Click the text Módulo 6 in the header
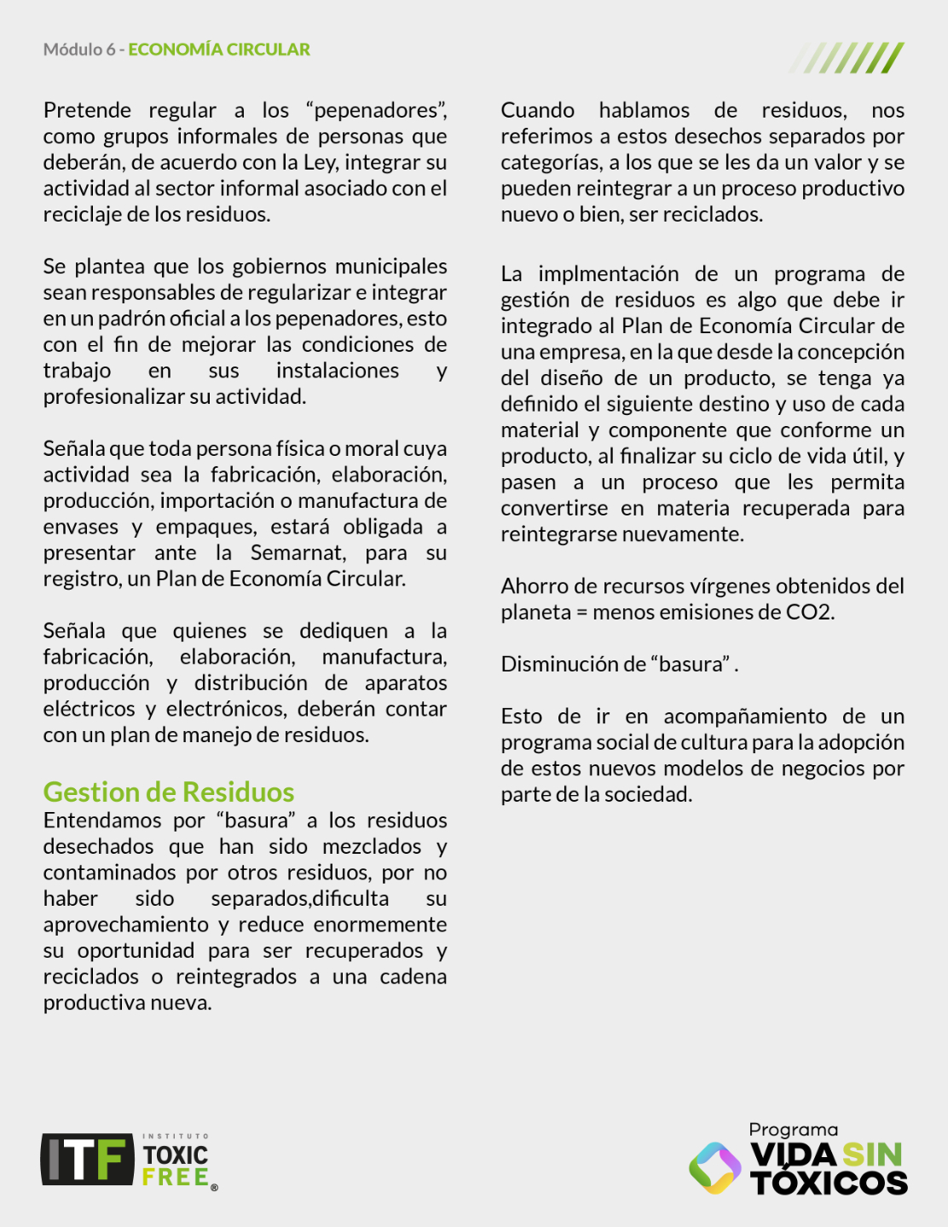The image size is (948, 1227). (79, 49)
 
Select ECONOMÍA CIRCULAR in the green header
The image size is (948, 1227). (219, 49)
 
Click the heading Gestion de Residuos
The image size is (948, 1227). (169, 792)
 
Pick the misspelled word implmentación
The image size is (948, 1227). (609, 274)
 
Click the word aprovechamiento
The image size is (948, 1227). (126, 925)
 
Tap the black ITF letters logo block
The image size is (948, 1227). (88, 1160)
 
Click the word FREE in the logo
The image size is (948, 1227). (176, 1178)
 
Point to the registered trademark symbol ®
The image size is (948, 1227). (214, 1187)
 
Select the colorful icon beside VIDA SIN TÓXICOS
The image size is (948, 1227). (715, 1167)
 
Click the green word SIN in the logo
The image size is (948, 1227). (872, 1155)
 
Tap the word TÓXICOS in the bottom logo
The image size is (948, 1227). (829, 1183)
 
